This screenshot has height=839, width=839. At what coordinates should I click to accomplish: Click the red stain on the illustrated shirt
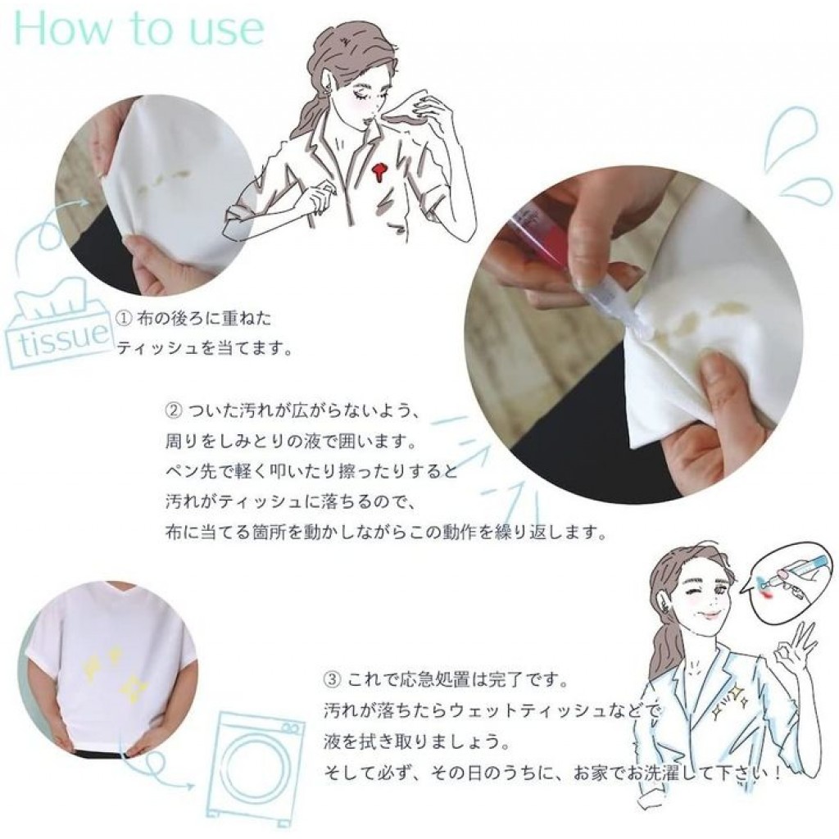[x=379, y=172]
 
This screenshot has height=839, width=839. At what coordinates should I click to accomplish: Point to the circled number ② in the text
[x=173, y=409]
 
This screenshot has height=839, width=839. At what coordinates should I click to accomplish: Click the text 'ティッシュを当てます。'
[x=204, y=348]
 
